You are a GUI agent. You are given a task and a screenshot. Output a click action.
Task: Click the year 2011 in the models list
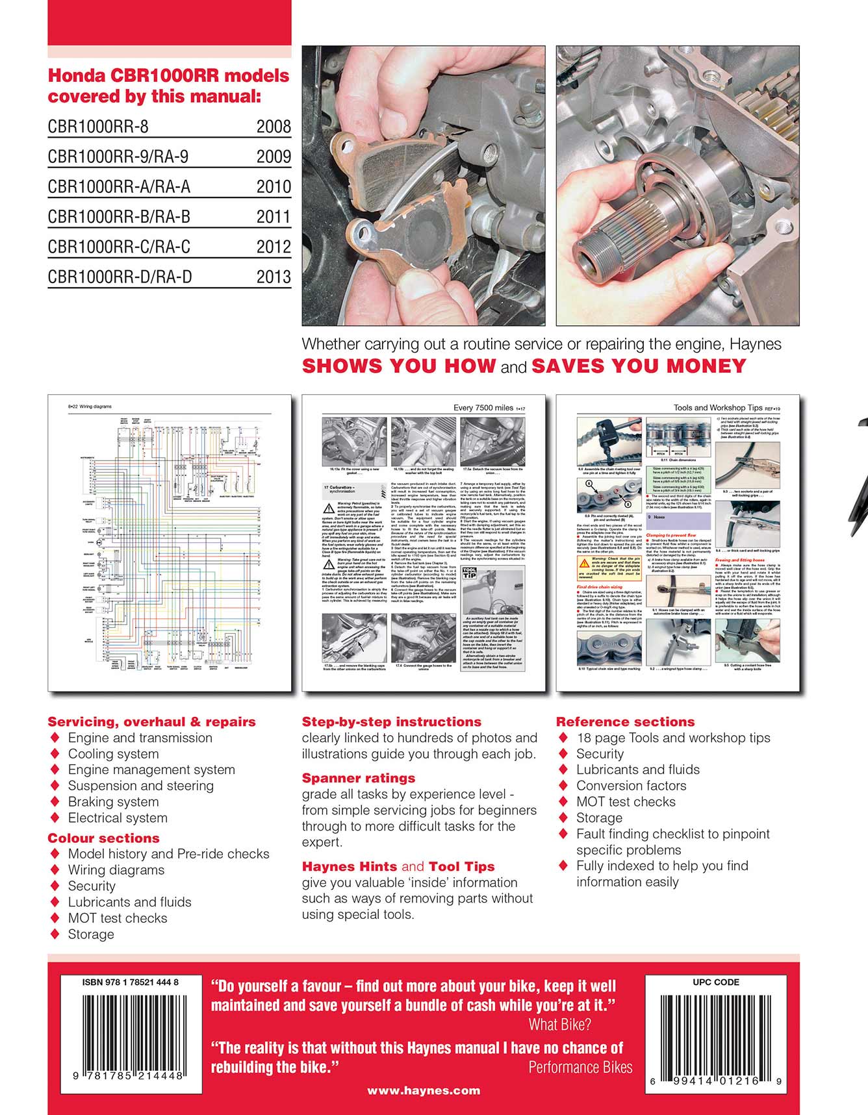coord(274,217)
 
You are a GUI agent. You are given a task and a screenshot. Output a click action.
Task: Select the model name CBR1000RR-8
coord(98,127)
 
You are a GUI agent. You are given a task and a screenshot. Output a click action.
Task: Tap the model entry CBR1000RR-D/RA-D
coord(120,277)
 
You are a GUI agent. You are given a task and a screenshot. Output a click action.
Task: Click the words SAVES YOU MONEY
coord(639,366)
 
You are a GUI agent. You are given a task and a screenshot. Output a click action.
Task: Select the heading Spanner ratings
coord(358,778)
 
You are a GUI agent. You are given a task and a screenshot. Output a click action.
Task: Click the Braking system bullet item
coord(113,802)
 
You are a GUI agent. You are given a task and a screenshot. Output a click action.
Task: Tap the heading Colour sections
coord(103,838)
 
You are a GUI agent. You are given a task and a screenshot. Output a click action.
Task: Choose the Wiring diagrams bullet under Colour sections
coord(116,870)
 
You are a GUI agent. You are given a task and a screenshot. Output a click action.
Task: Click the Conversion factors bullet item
coord(631,786)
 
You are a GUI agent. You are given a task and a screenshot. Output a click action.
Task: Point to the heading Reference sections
coord(625,722)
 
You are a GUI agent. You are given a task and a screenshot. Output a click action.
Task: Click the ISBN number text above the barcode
coord(130,983)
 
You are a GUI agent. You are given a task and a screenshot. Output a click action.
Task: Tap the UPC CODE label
coord(716,983)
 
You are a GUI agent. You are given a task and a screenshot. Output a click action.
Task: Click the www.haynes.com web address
coord(424,1091)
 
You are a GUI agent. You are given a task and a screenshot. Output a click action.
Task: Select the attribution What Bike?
coord(559,1025)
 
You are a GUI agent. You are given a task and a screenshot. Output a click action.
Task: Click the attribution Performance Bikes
coord(580,1068)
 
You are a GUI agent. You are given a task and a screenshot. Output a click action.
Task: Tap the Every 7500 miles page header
coord(483,408)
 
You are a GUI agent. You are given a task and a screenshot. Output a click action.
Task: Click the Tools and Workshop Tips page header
coord(718,408)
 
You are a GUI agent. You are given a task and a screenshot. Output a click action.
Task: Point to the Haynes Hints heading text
coord(350,867)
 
